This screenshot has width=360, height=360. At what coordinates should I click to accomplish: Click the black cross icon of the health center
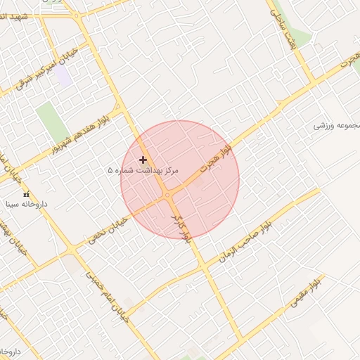pos(143,160)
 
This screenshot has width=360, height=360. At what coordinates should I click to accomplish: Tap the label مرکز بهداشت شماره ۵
pos(143,171)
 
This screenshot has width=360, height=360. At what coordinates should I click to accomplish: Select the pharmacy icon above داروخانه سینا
pos(27,194)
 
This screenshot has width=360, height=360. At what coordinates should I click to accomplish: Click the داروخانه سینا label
pos(25,205)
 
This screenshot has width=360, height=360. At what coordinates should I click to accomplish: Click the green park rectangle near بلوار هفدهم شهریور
pos(48,121)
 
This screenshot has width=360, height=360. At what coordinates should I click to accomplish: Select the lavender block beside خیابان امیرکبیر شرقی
pos(65,76)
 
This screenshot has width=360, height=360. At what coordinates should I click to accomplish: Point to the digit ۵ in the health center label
pos(110,171)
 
